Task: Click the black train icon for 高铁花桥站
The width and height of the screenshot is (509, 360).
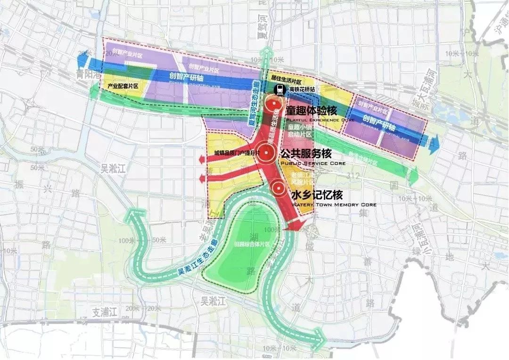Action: [279, 89]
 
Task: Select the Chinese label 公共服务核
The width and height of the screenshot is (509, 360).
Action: [306, 154]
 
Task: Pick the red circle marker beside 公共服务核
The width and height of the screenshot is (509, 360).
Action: [267, 152]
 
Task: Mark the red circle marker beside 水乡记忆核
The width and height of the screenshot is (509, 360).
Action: [279, 189]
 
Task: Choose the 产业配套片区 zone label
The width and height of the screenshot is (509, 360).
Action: [123, 86]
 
